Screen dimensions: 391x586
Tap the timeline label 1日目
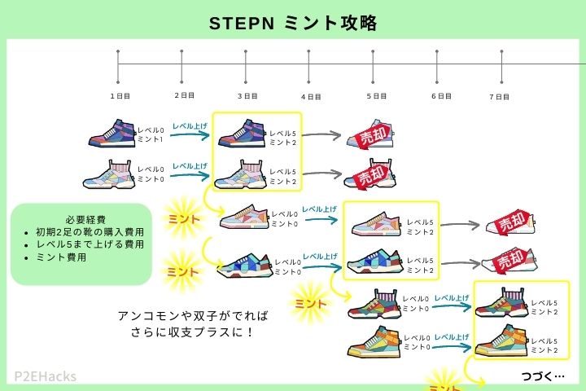120,95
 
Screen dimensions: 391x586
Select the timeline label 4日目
310,96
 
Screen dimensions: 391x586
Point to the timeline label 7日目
500,96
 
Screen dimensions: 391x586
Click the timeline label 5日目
374,95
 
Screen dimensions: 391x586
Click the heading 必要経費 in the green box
81,218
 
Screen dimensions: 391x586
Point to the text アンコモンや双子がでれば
193,314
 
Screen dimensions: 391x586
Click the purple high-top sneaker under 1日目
112,134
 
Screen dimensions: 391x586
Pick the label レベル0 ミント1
151,134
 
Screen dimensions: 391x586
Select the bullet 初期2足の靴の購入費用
85,232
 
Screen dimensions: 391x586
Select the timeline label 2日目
185,95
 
